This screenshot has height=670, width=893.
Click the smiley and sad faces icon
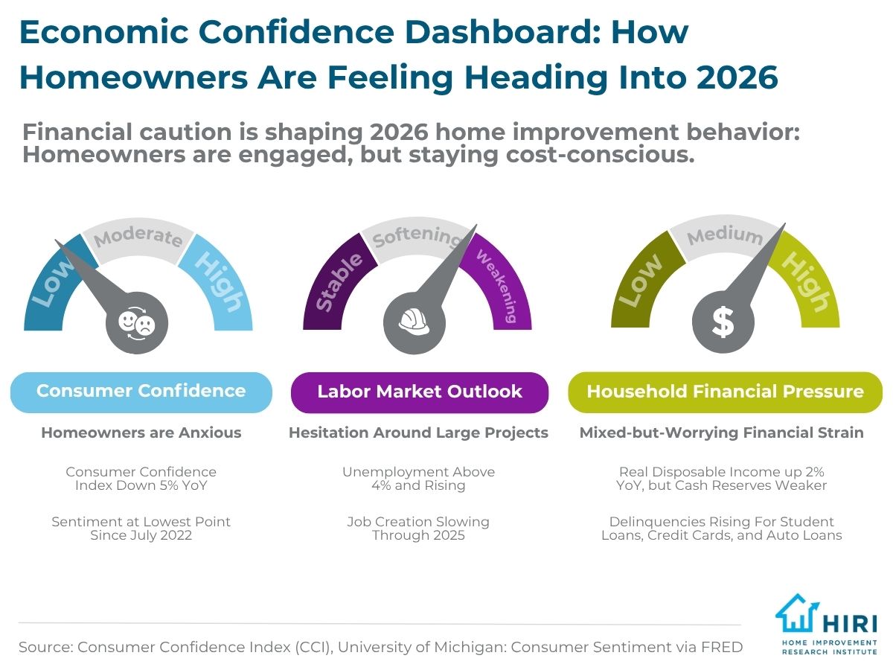pos(137,322)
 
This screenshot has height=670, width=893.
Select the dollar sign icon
pos(723,322)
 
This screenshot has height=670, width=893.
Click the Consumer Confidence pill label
pos(141,392)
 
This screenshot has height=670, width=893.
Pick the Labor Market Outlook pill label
pos(419,392)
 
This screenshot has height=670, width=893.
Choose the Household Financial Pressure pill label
pos(725,392)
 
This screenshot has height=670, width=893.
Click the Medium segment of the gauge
pos(723,237)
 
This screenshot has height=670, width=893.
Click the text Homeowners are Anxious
pos(141,433)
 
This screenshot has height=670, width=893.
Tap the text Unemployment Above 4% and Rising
pos(418,479)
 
